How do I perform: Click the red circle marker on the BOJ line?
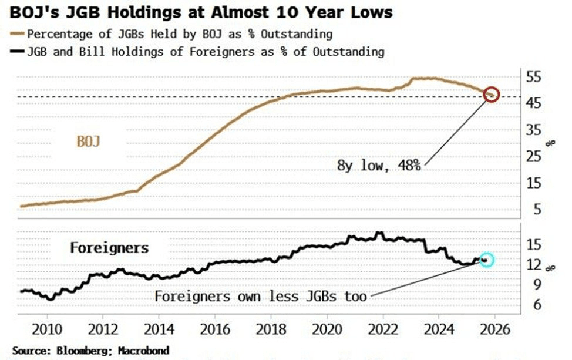tap(492, 94)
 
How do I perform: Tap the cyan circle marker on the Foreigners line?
tap(486, 260)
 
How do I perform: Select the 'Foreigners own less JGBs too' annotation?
tap(260, 296)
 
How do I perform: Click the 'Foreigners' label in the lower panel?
tap(109, 248)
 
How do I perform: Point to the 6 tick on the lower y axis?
tap(534, 303)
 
